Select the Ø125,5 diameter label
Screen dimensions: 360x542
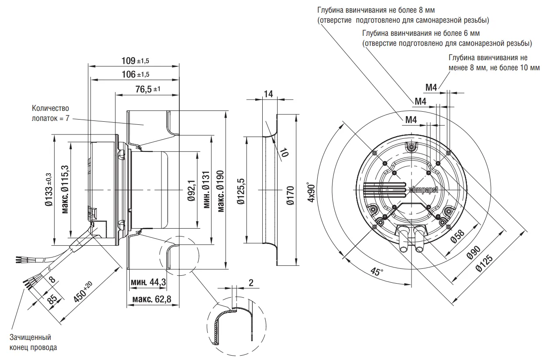coord(239,190)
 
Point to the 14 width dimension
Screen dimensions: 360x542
coord(268,93)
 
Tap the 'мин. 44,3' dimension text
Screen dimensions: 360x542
coord(148,282)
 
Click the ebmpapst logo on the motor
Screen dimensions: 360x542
coord(423,189)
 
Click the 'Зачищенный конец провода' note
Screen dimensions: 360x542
coord(33,343)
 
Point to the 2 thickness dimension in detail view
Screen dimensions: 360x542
coord(251,282)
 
